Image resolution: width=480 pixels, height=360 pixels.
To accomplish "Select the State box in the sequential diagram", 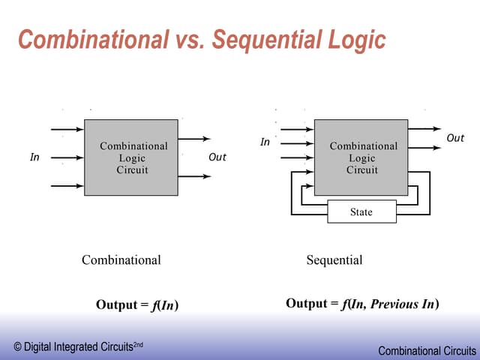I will coord(361,212).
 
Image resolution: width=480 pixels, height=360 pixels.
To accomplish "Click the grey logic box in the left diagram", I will coord(131,157).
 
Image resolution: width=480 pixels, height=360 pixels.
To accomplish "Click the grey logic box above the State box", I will coord(361,157).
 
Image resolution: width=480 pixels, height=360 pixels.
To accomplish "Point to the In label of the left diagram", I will coord(34,157).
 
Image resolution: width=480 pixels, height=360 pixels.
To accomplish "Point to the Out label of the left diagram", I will coord(217,157).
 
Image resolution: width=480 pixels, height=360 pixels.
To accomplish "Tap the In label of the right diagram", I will coord(265,142).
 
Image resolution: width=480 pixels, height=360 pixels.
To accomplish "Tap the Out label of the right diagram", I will coord(455,138).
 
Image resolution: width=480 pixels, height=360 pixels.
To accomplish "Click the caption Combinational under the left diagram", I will coord(121,260).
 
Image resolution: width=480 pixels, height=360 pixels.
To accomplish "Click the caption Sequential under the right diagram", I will coord(334,260).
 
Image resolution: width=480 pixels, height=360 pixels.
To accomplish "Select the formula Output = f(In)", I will coord(136,304).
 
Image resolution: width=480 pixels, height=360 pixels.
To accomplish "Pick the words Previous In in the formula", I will coord(403,304).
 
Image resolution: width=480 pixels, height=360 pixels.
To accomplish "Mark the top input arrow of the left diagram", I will coord(67,130).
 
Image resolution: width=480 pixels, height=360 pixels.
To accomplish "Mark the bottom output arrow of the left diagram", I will coord(195,177).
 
